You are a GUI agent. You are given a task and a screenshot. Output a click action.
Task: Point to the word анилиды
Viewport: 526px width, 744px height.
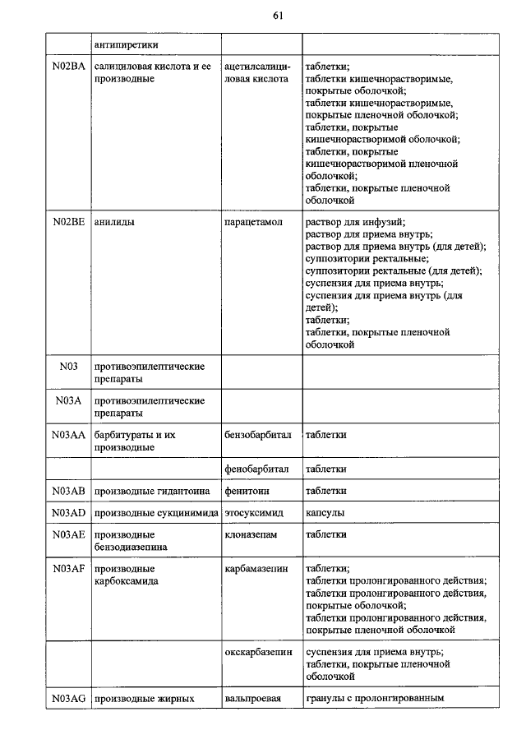coord(115,221)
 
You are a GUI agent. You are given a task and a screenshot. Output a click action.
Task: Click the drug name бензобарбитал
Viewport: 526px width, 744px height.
coord(257,434)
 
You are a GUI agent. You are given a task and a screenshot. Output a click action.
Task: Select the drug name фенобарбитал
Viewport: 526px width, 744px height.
coord(256,469)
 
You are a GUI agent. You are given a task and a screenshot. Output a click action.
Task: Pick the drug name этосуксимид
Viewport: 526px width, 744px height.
coord(255,513)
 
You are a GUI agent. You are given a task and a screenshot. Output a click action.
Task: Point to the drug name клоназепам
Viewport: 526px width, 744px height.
coord(251,534)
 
